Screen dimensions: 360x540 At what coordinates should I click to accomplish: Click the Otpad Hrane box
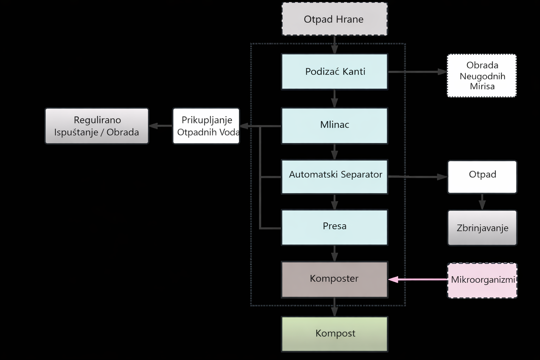coord(334,19)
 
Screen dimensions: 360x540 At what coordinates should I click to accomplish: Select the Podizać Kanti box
coord(334,71)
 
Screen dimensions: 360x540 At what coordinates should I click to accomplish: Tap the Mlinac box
coord(334,126)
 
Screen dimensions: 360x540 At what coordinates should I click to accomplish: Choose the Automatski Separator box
coord(334,177)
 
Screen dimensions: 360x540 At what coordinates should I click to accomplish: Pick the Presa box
coord(334,227)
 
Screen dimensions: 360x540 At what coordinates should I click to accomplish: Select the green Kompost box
coord(334,334)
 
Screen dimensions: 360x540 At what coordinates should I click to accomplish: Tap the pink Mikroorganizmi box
coord(482,280)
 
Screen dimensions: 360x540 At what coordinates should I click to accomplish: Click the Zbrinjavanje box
coord(482,228)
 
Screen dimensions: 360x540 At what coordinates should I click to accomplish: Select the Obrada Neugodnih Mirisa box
coord(482,76)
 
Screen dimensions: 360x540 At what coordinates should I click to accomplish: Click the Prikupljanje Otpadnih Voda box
coord(206,126)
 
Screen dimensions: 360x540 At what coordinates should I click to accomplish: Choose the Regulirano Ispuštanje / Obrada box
coord(97,126)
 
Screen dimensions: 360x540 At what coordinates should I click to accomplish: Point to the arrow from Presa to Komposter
coord(334,253)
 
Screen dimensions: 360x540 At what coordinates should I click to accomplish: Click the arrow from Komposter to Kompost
coord(334,307)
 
